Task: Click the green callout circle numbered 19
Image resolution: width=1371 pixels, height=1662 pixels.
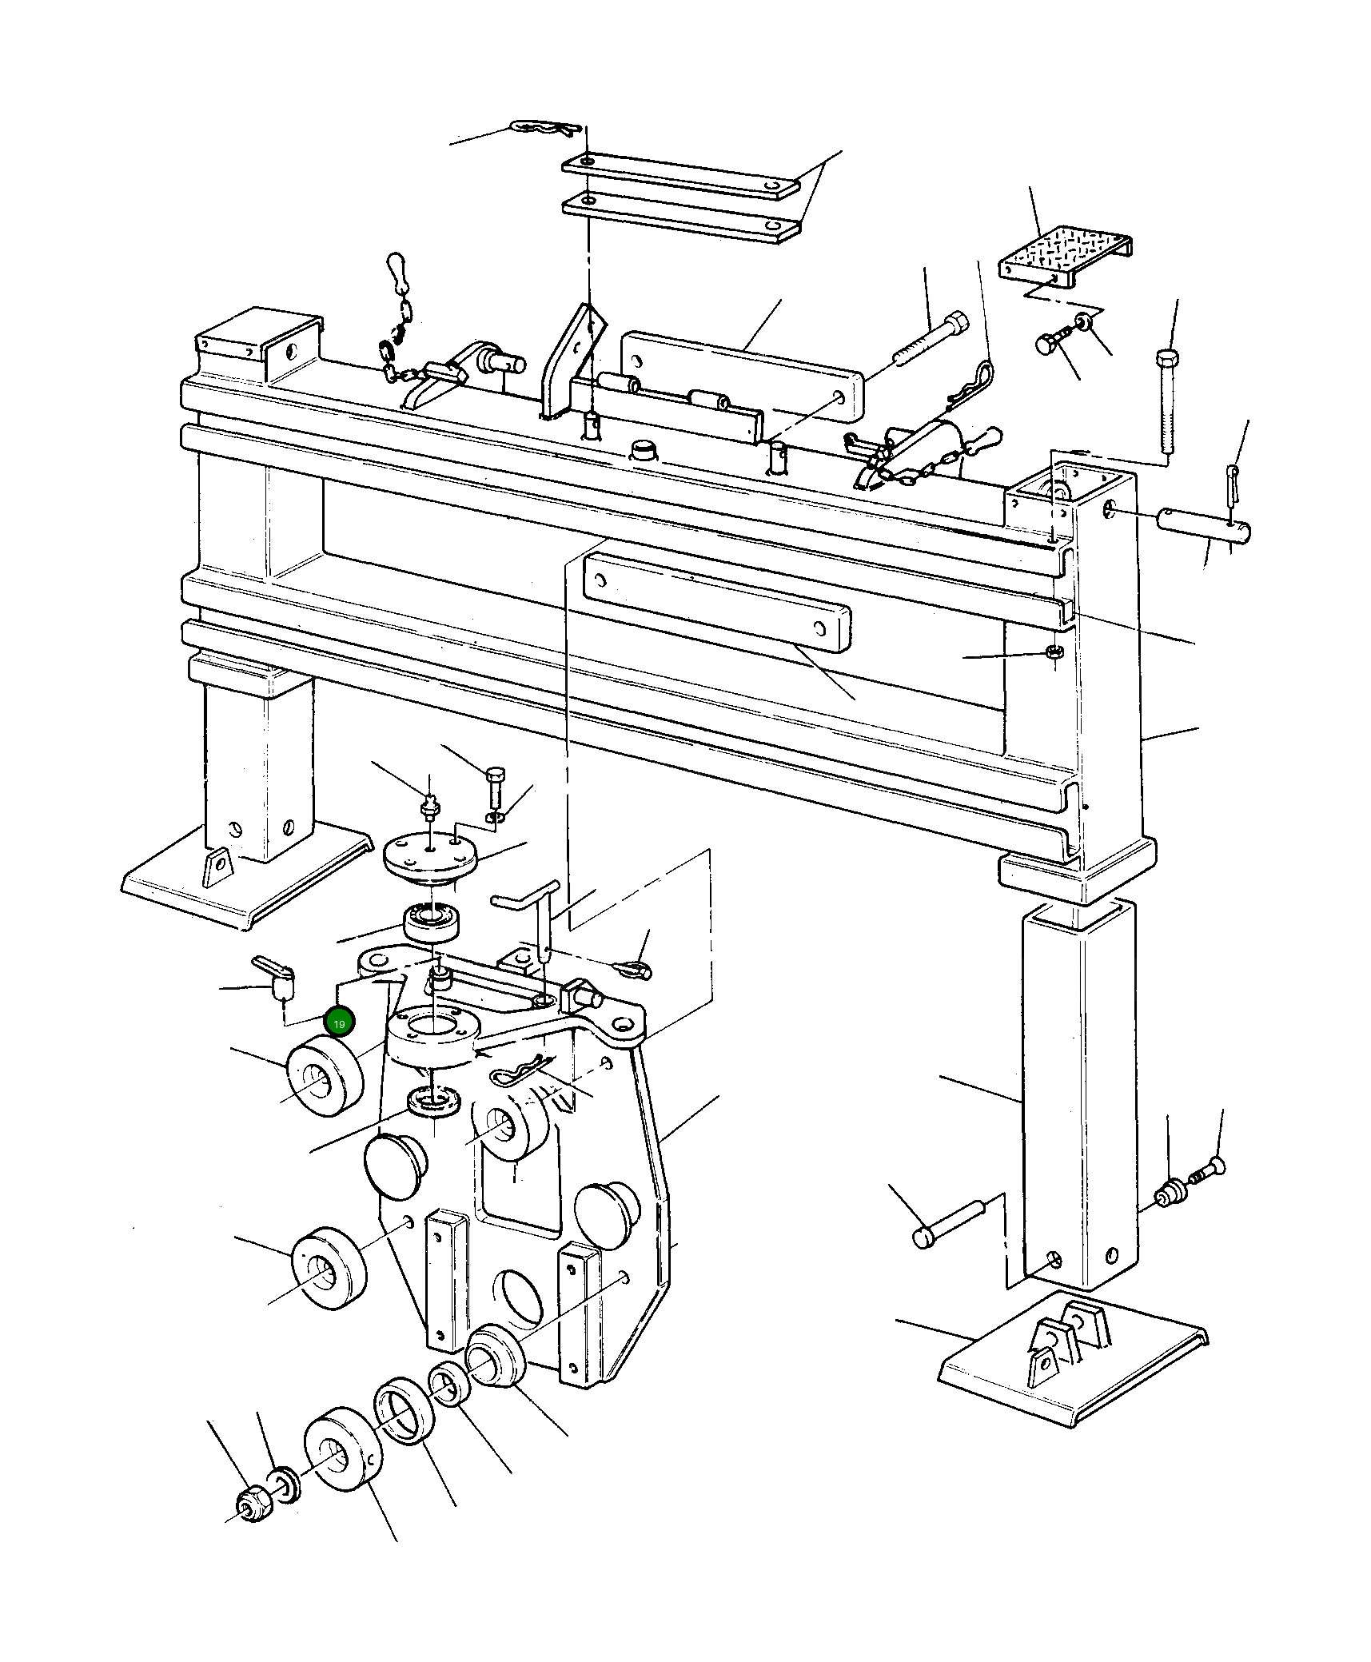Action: point(339,1022)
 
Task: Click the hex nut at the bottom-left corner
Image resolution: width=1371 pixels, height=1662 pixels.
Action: point(254,1507)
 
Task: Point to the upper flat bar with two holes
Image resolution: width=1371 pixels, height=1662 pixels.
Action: point(680,175)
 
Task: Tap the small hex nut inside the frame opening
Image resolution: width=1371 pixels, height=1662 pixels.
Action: point(1054,652)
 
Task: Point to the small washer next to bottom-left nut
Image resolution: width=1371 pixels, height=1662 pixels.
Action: point(286,1484)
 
